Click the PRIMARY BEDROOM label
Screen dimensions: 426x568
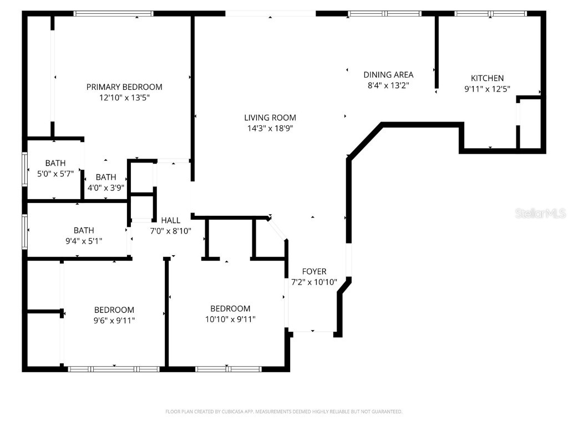[x=124, y=87]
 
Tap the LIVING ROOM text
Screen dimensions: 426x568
[x=270, y=118]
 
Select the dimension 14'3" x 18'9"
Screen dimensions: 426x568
[x=270, y=128]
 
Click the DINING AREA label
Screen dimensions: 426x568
[x=388, y=74]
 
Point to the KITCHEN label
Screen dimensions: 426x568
[x=487, y=78]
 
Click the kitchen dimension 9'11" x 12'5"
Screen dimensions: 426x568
[x=487, y=89]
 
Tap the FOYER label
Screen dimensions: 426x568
[x=314, y=271]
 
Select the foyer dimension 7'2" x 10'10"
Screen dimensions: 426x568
[x=314, y=282]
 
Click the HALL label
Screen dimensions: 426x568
[x=170, y=220]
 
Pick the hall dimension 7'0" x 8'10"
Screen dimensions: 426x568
[x=170, y=231]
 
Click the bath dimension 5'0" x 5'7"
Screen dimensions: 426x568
[x=55, y=174]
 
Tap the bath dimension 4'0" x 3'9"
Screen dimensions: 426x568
[x=105, y=187]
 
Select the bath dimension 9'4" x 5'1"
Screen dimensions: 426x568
[x=84, y=241]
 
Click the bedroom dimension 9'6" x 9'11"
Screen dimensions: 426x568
[x=114, y=320]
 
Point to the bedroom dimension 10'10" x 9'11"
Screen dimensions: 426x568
[x=230, y=318]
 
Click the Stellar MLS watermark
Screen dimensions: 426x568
[x=540, y=213]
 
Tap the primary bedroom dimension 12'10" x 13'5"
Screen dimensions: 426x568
[x=124, y=97]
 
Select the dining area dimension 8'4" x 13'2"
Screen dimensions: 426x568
[x=388, y=85]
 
